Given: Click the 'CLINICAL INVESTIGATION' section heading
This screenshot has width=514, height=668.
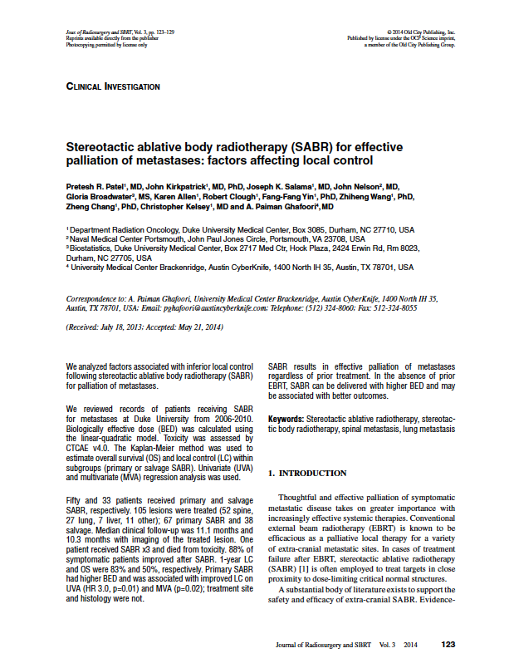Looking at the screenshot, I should [112, 86].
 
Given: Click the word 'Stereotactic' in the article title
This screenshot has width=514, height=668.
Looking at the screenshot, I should [102, 145].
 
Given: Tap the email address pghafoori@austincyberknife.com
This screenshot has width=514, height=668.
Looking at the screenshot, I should [216, 307].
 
